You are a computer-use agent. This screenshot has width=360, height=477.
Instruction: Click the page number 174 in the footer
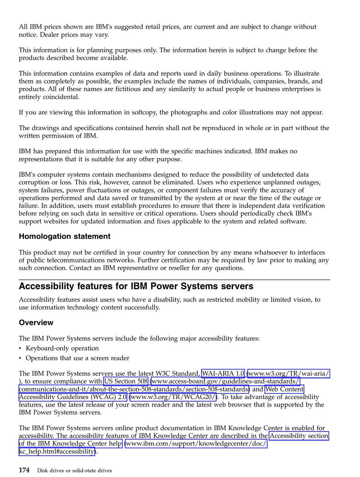(x=24, y=470)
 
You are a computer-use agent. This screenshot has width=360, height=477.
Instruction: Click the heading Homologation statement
(x=64, y=237)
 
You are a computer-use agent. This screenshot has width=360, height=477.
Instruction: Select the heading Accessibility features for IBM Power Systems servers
(x=136, y=286)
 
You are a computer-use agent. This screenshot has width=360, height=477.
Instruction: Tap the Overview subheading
(x=36, y=323)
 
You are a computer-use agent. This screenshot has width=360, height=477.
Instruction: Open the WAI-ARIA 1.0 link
(x=223, y=374)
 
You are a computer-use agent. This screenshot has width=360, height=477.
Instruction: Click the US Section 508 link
(x=126, y=382)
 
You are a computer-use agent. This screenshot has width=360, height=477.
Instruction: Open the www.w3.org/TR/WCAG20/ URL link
(x=173, y=397)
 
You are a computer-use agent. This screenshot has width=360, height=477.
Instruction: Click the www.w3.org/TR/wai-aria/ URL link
(x=289, y=374)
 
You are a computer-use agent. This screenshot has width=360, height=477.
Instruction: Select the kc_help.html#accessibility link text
(x=57, y=451)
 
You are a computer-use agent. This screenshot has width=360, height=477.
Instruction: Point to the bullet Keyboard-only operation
(x=62, y=348)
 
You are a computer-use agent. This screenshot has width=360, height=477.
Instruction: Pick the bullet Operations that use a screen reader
(x=77, y=358)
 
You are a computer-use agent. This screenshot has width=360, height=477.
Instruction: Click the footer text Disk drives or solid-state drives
(x=75, y=471)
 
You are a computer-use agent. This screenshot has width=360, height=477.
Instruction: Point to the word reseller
(x=177, y=268)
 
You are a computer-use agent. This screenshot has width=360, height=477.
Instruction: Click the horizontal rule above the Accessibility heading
(x=174, y=280)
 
